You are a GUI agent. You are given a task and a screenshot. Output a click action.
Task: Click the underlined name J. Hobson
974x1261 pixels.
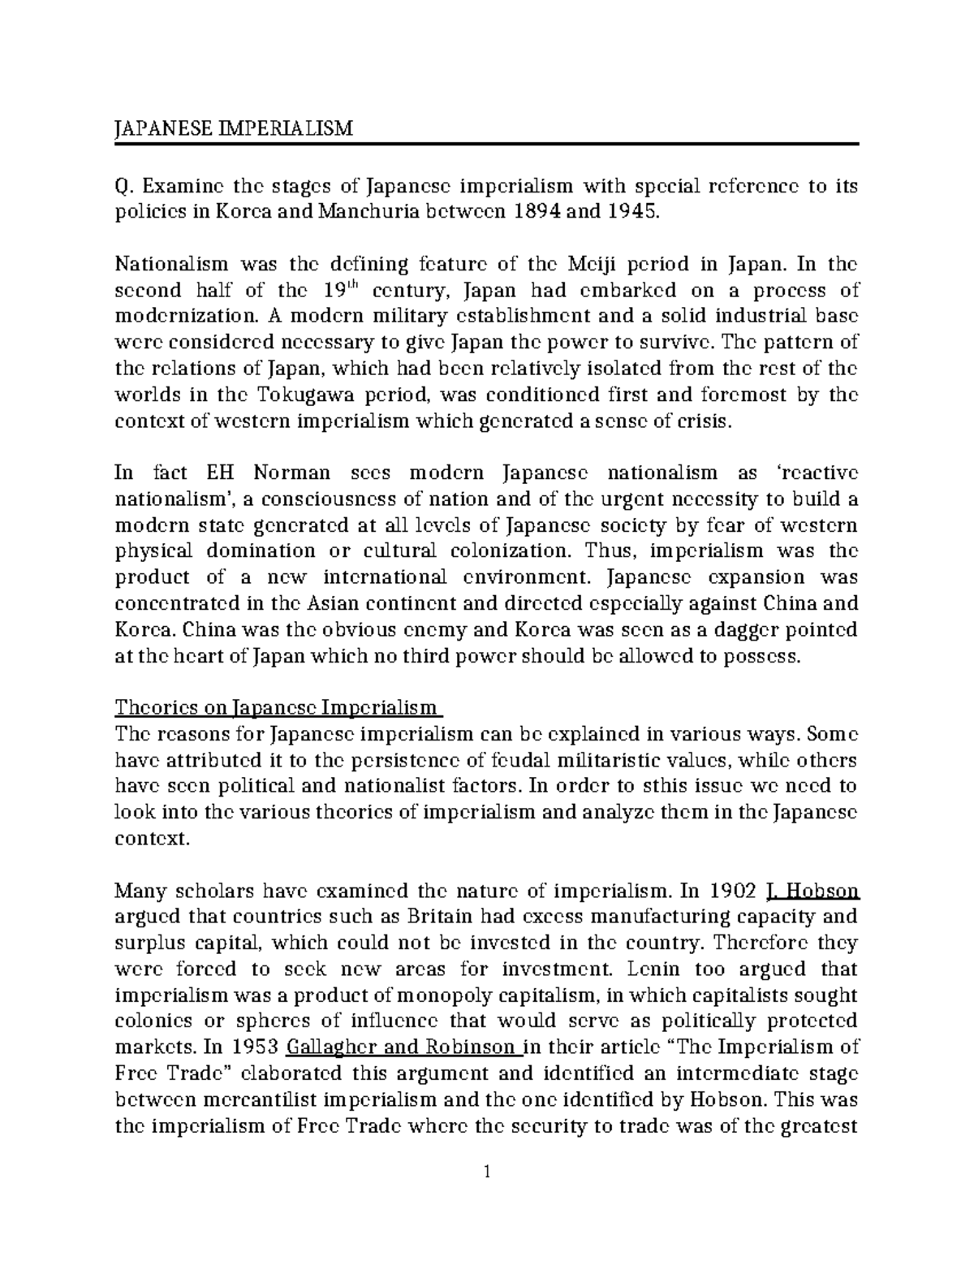pyautogui.click(x=812, y=892)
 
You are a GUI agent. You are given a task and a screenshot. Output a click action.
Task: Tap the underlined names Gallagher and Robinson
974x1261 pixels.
pyautogui.click(x=405, y=1047)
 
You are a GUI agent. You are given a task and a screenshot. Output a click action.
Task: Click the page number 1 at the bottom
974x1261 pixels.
pyautogui.click(x=487, y=1172)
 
